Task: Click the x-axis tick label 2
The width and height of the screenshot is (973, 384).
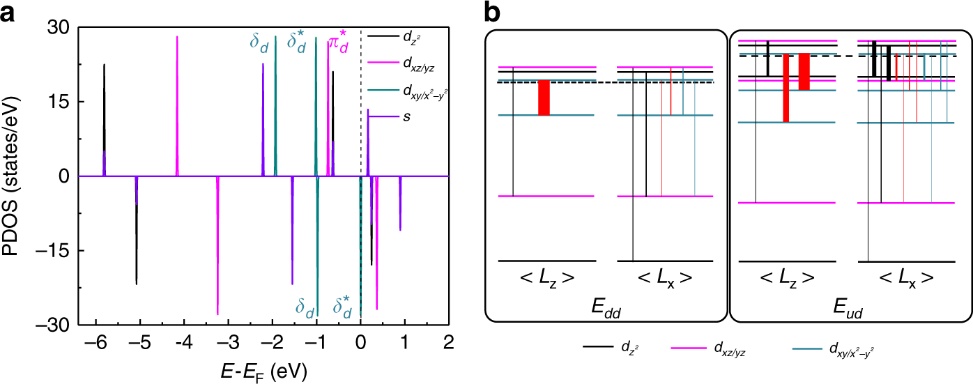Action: (x=448, y=342)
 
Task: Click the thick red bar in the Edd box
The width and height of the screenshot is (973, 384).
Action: (x=544, y=98)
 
